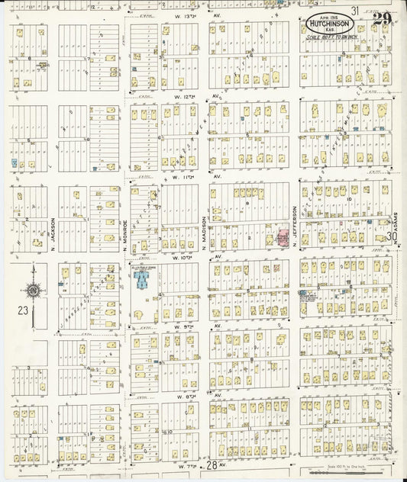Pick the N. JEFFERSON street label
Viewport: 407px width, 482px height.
coord(294,226)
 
